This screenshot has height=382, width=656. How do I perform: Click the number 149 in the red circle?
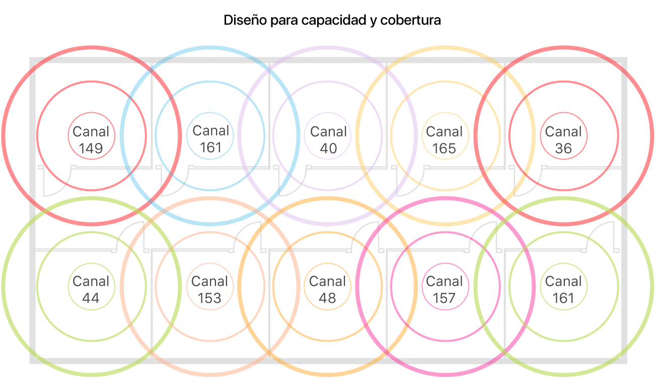(91, 149)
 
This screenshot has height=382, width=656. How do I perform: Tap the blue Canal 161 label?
(210, 139)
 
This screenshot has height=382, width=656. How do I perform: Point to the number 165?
(444, 149)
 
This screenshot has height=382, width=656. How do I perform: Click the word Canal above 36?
(563, 132)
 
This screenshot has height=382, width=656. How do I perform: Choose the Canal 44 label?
(91, 289)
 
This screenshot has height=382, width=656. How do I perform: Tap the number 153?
(209, 298)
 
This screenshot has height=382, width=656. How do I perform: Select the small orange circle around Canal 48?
(328, 264)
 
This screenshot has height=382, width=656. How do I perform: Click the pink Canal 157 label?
(444, 289)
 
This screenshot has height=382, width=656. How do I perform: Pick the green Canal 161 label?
(563, 289)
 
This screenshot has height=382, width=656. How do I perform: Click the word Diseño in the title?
(243, 21)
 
